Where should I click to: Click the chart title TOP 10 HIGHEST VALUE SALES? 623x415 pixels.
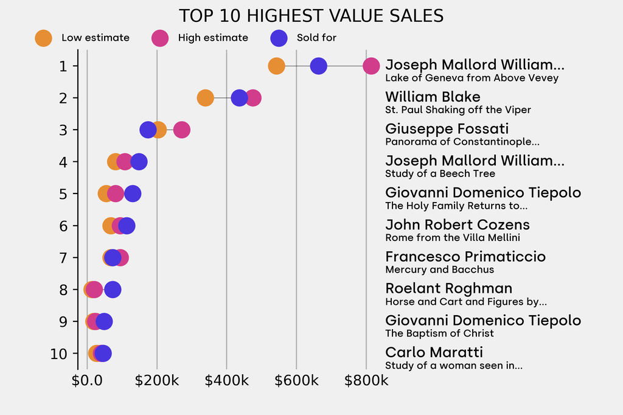(311, 16)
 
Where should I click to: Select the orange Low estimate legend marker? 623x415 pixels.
(43, 38)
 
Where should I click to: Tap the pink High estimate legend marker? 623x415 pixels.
(160, 38)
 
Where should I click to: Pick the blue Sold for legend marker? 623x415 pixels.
(278, 38)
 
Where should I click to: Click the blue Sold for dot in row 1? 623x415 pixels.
(318, 66)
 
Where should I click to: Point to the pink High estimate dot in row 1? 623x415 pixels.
(371, 66)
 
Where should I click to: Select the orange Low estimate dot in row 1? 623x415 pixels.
(276, 66)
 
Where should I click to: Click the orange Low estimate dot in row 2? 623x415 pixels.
(206, 98)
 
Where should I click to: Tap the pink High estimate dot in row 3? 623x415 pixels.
(181, 130)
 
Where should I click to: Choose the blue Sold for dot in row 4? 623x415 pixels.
(139, 162)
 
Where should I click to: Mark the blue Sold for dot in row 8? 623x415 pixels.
(113, 290)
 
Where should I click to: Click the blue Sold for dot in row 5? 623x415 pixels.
(133, 194)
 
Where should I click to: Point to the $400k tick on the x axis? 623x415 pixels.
(226, 381)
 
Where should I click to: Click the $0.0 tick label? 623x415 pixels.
(87, 381)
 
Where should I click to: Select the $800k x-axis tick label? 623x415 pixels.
(366, 381)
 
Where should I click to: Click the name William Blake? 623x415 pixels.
(433, 97)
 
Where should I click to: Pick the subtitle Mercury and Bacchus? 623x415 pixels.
(439, 270)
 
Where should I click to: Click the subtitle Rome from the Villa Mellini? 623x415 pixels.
(453, 237)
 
